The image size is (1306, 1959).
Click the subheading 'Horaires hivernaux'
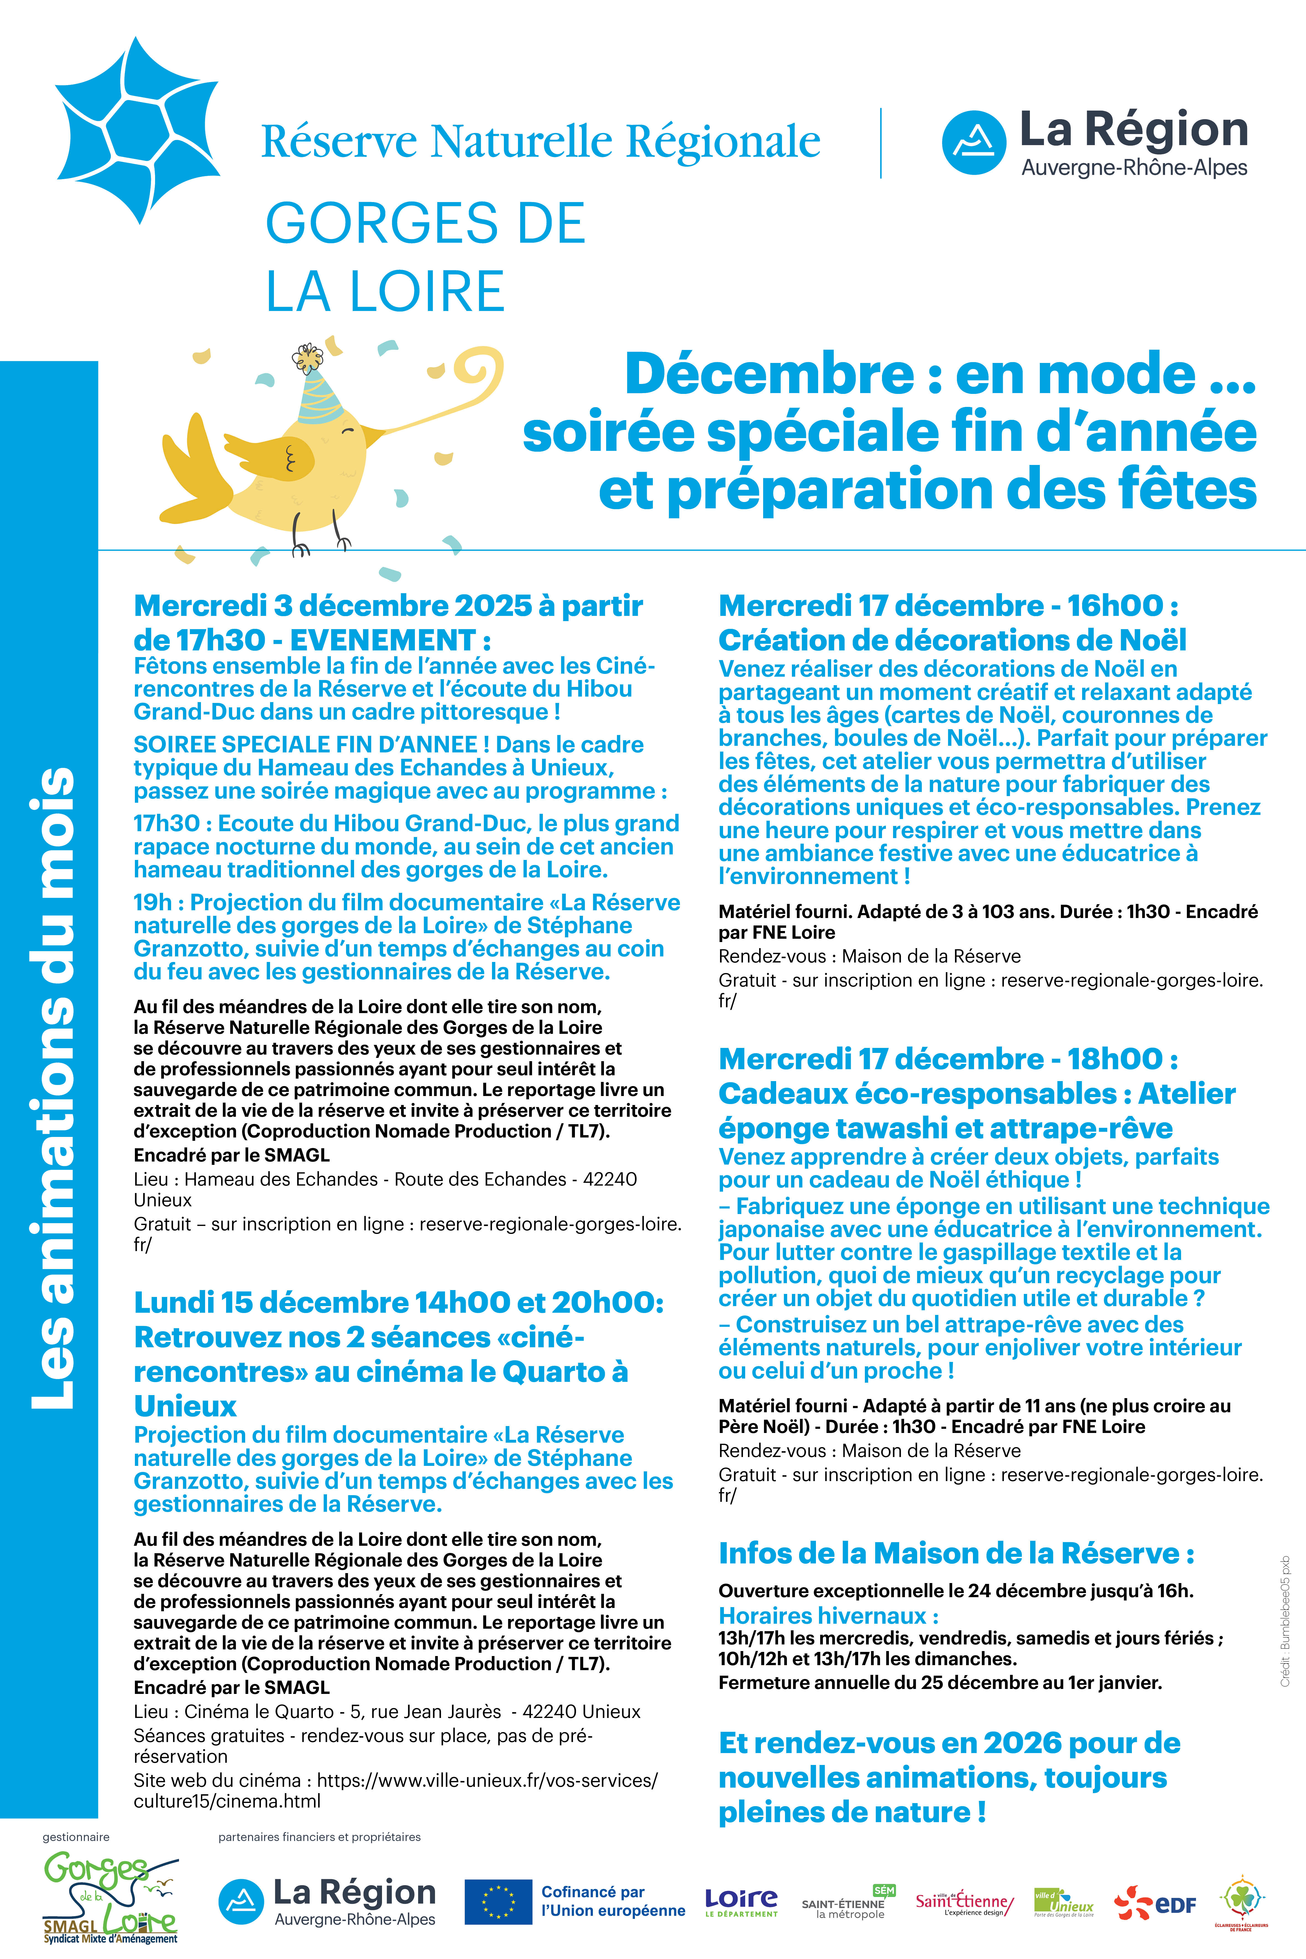click(x=828, y=1616)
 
